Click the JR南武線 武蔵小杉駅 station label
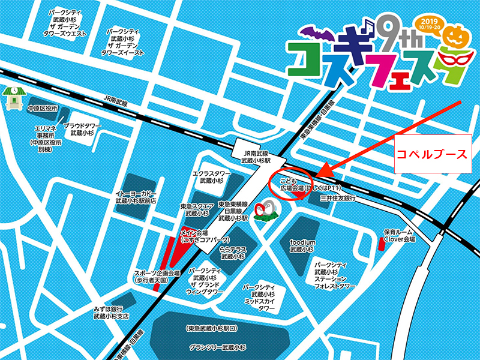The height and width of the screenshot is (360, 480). (x=256, y=157)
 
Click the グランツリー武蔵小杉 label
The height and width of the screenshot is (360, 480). (x=217, y=347)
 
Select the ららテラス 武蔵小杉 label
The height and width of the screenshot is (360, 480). (x=232, y=252)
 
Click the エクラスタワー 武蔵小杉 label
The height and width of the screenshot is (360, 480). (x=208, y=177)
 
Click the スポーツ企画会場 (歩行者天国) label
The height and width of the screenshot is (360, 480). (x=157, y=276)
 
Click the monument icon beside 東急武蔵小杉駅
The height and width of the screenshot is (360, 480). (x=264, y=211)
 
